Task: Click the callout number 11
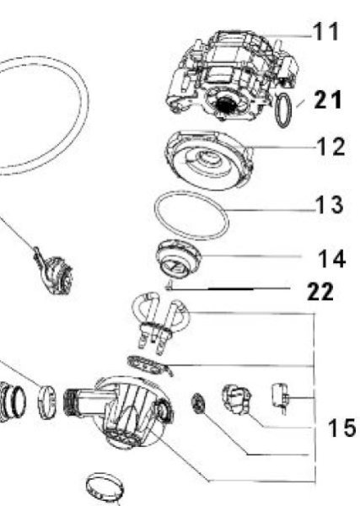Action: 325,32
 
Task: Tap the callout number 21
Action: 328,100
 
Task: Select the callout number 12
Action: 331,147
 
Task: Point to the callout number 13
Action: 330,205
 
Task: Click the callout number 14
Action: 332,259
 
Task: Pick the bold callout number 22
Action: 320,292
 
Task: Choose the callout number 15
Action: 342,428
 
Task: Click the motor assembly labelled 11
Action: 232,75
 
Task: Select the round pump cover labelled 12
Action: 209,159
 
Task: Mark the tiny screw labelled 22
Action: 169,285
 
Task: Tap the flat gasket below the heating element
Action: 149,365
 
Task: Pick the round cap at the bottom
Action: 105,487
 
